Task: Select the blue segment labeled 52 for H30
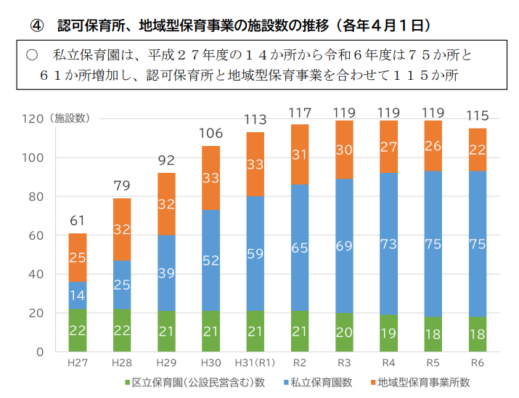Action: click(x=211, y=260)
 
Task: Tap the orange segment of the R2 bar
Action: click(x=300, y=154)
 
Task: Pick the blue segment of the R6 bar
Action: click(x=478, y=244)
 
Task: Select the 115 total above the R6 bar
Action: click(x=478, y=115)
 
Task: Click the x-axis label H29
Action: click(x=166, y=362)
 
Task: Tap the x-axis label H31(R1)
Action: click(x=255, y=362)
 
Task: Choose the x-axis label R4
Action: click(x=388, y=362)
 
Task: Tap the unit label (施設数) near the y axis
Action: click(x=70, y=118)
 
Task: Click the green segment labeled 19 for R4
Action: click(x=388, y=333)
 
